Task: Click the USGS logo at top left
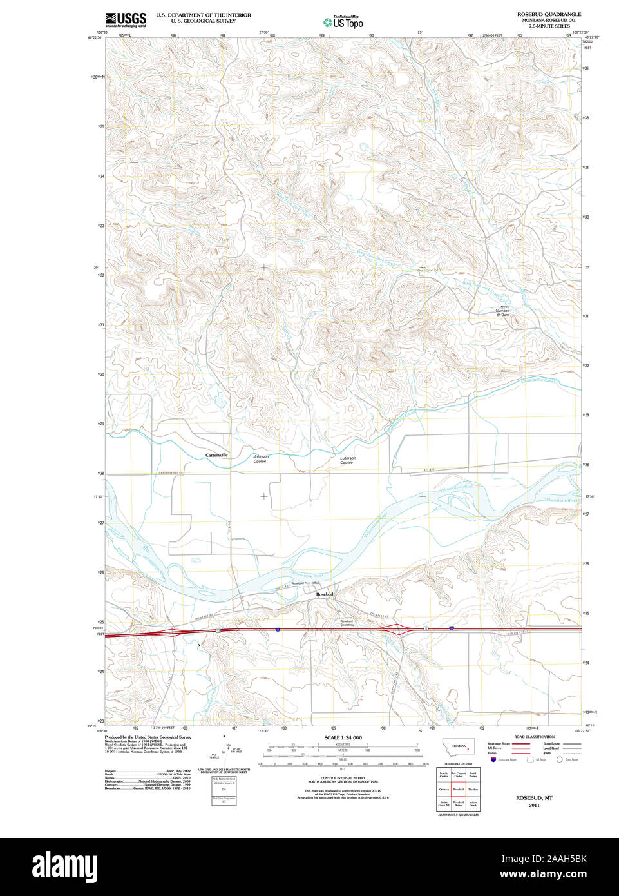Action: (x=126, y=19)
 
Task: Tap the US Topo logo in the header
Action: (x=343, y=22)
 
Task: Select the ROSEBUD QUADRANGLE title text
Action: (x=549, y=14)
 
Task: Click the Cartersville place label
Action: (x=216, y=455)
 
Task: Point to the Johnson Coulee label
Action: (x=260, y=458)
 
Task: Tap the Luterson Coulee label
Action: (x=347, y=460)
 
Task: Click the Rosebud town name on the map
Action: (x=324, y=594)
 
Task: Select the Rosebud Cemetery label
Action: (x=347, y=623)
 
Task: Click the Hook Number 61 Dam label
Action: (x=502, y=311)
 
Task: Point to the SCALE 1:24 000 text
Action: (x=343, y=737)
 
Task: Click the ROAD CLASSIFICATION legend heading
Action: (x=534, y=737)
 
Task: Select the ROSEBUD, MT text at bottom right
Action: (x=534, y=798)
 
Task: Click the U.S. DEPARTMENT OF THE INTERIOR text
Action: (x=204, y=15)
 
